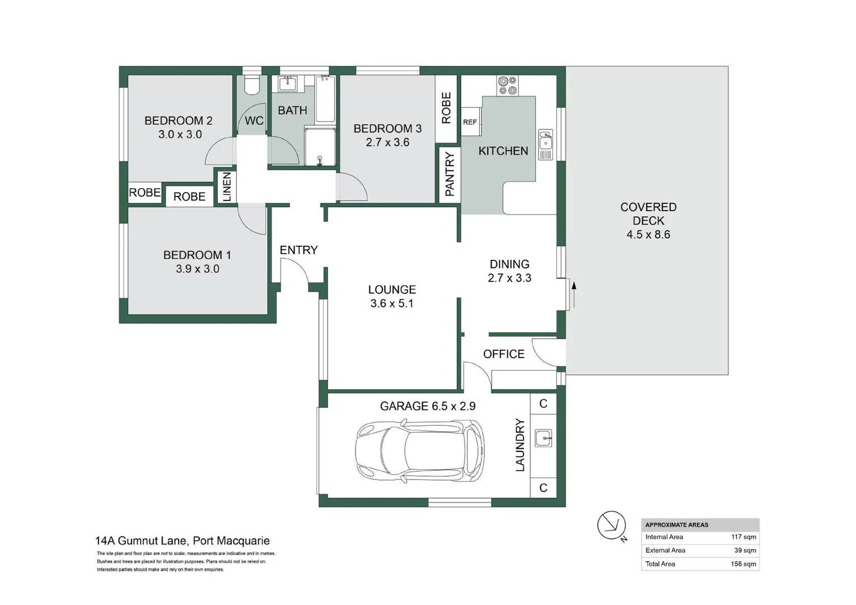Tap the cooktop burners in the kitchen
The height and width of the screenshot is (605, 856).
tap(508, 86)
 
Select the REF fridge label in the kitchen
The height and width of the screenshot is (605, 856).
tap(470, 122)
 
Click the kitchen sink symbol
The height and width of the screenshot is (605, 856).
tap(545, 145)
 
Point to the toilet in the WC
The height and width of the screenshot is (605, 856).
tap(252, 85)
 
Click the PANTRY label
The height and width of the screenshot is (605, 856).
tap(450, 174)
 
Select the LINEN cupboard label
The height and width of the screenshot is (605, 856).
tap(227, 187)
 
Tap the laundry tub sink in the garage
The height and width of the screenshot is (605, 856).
tap(543, 438)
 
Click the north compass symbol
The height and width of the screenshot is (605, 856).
tap(612, 526)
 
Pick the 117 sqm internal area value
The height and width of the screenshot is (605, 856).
tap(743, 537)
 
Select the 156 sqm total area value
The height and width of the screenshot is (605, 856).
tap(743, 564)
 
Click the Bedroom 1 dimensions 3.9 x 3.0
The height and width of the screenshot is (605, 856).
tap(198, 269)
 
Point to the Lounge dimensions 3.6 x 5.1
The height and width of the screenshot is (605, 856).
tap(392, 303)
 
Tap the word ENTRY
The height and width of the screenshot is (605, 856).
tap(298, 250)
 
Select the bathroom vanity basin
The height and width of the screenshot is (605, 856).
tap(288, 84)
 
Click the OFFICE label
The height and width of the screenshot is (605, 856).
tap(504, 354)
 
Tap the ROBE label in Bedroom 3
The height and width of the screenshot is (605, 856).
tap(446, 108)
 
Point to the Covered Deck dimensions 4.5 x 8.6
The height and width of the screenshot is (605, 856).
tap(648, 234)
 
